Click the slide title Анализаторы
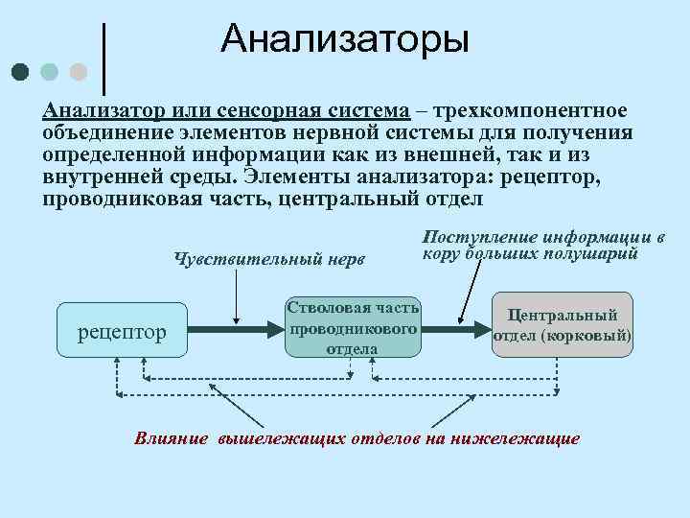click(x=345, y=39)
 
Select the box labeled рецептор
click(x=121, y=332)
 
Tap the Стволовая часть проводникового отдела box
click(x=353, y=326)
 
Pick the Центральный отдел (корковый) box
click(x=563, y=325)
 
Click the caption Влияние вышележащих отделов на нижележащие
click(x=356, y=438)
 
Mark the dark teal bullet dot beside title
click(x=20, y=72)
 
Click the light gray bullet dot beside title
click(x=79, y=72)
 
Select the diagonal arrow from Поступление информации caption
click(x=470, y=292)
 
